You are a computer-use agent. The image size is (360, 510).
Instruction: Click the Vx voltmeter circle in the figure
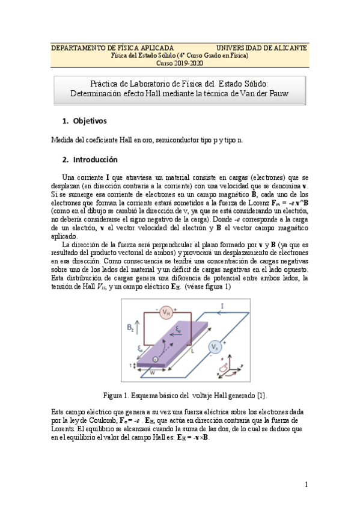[214, 346]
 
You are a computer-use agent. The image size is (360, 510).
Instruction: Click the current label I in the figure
[223, 307]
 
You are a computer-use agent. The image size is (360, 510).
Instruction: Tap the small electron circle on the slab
[156, 359]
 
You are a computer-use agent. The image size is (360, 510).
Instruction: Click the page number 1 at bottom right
[306, 484]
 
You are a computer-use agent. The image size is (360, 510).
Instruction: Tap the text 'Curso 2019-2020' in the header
[180, 63]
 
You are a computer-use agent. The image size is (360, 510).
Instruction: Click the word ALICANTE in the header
[285, 47]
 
